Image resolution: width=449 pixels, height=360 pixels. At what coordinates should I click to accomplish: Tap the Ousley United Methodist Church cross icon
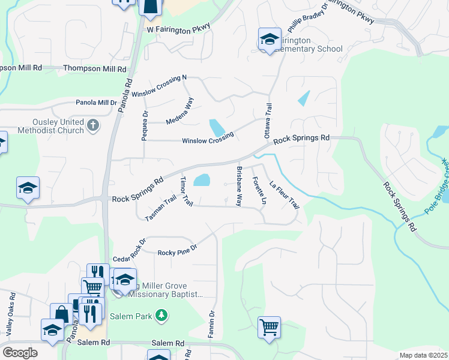(x=92, y=125)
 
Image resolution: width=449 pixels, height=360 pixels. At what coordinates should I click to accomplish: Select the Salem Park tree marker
(x=160, y=314)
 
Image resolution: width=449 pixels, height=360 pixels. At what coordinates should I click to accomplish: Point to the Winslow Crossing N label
(x=160, y=86)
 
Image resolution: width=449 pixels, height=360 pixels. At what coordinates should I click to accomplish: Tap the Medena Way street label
(x=180, y=112)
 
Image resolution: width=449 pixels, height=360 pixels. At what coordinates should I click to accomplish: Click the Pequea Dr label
(x=145, y=125)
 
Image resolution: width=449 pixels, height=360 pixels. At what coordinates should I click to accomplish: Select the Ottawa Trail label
(x=269, y=119)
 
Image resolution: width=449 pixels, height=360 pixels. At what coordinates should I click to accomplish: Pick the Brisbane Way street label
(x=239, y=186)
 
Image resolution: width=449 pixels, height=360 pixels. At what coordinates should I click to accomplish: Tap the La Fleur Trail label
(x=284, y=196)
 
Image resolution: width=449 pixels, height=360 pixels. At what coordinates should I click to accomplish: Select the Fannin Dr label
(x=211, y=325)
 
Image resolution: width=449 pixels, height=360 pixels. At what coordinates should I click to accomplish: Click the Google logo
(x=20, y=353)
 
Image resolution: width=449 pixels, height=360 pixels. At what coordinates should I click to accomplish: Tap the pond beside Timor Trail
(x=202, y=180)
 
